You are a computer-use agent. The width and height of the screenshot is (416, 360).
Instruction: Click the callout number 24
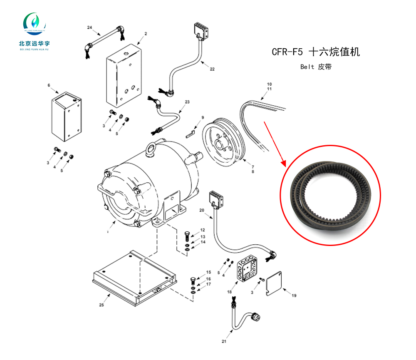(89, 27)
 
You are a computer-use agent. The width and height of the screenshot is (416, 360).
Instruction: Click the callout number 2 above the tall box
(146, 33)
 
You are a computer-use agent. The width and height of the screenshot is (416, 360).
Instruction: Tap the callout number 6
(49, 85)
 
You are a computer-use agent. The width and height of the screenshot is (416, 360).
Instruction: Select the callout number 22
(212, 69)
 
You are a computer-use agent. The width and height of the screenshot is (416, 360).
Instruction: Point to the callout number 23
(187, 102)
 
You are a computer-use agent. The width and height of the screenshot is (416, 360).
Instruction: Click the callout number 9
(203, 118)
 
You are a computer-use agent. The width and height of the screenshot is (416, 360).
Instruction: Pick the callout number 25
(101, 305)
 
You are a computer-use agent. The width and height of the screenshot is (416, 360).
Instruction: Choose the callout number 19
(294, 296)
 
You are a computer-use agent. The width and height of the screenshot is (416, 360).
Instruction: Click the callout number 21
(223, 342)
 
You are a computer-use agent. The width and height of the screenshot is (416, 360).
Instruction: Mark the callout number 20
(202, 210)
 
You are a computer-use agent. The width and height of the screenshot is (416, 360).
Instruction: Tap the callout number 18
(229, 292)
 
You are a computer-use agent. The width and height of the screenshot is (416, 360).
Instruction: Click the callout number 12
(203, 230)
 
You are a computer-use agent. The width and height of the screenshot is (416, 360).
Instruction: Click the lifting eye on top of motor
(151, 149)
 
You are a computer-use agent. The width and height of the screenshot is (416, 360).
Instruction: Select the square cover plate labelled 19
(274, 284)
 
